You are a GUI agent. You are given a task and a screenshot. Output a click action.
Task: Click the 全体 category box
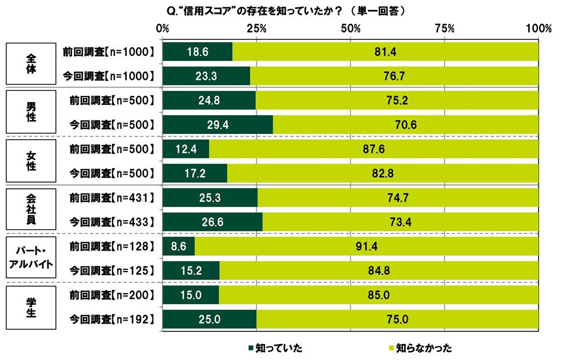(31, 63)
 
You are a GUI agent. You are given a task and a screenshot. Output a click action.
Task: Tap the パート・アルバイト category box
(31, 256)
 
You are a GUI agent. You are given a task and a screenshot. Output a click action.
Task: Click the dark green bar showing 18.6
(197, 52)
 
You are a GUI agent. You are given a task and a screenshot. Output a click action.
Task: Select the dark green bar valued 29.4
(218, 124)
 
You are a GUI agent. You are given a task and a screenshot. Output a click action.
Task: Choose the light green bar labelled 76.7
(394, 76)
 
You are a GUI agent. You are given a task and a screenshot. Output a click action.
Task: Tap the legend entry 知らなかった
(420, 347)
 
